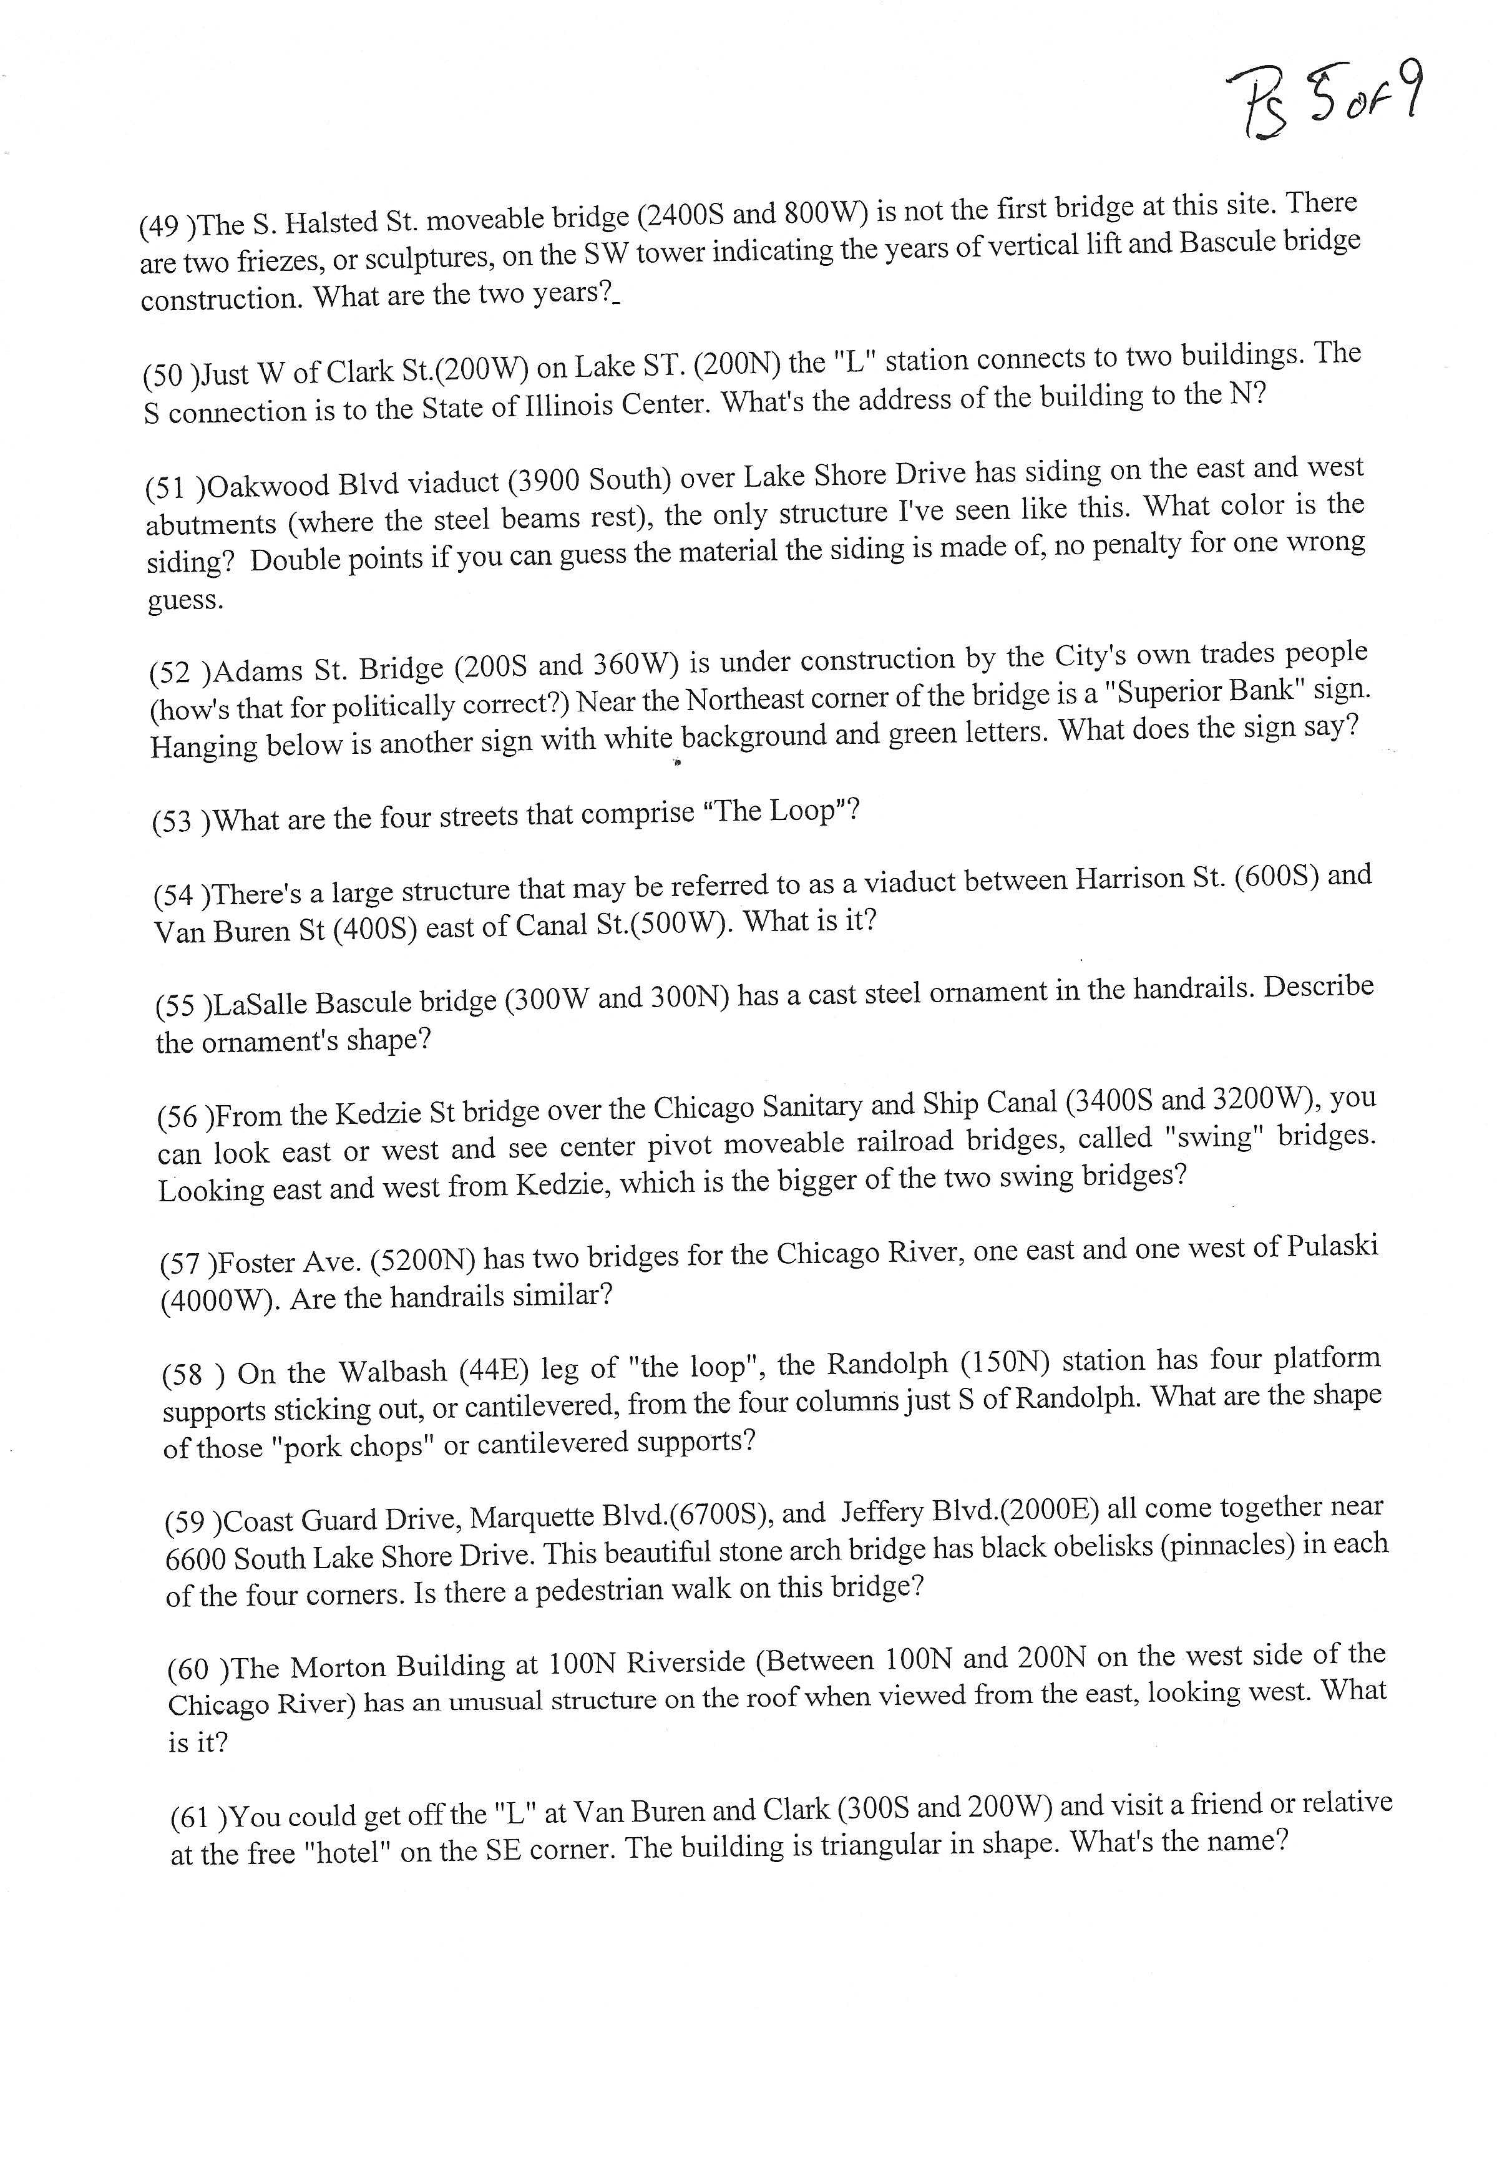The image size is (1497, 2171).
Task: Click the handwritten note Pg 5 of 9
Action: tap(1322, 103)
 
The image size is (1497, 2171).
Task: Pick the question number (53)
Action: tap(177, 822)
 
